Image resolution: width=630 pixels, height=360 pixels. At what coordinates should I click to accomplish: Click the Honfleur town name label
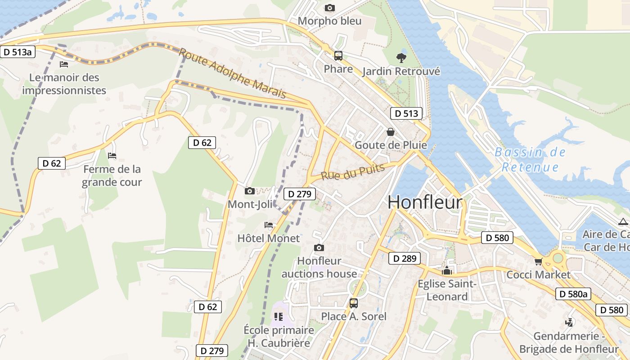pos(425,202)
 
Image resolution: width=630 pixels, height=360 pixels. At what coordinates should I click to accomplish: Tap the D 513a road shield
pos(18,52)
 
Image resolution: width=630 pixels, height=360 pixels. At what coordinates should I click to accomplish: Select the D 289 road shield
pos(405,258)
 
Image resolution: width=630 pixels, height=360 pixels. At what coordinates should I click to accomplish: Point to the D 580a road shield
pos(573,294)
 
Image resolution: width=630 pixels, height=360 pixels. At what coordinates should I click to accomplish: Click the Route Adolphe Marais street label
pos(232,73)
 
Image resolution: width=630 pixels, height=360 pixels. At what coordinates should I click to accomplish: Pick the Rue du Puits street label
pos(353,172)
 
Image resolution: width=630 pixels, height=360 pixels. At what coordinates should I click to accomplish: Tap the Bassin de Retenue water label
pos(530,160)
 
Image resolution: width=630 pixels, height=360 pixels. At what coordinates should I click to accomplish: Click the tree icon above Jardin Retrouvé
pos(401,58)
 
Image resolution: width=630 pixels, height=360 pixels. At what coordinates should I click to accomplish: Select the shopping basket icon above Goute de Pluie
pos(391,132)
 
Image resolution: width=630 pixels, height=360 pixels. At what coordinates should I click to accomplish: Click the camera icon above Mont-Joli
pos(250,191)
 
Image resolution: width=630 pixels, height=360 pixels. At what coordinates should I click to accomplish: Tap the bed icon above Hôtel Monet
pos(269,225)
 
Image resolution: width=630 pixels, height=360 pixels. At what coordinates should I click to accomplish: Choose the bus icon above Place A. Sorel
pos(354,303)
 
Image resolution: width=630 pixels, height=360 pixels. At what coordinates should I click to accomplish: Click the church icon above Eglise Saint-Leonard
pos(447,270)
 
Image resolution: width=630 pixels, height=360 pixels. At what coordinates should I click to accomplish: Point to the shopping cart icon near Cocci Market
pos(538,261)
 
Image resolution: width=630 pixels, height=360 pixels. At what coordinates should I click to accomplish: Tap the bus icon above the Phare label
pos(338,56)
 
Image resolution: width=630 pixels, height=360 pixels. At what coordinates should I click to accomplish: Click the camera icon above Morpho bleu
pos(330,8)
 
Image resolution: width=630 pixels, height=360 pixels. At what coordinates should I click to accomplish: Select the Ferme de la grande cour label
pos(112,175)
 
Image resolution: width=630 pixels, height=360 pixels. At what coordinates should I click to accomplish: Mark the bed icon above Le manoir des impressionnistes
pos(64,64)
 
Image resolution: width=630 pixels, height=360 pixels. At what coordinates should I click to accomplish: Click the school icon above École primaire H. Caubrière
pos(279,317)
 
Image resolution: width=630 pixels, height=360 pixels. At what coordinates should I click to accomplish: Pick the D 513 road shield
pos(406,113)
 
